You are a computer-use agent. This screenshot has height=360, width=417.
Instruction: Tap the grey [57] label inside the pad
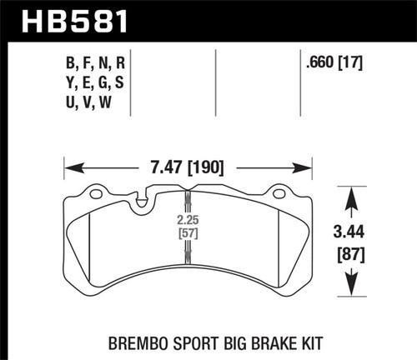pyautogui.click(x=188, y=235)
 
